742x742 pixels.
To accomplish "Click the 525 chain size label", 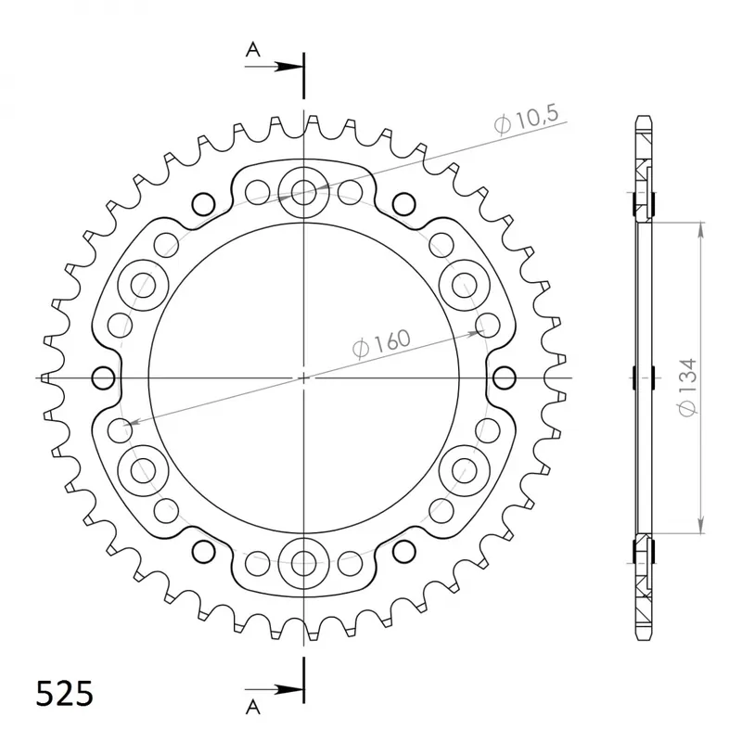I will [x=64, y=693].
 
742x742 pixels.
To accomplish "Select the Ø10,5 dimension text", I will [x=526, y=120].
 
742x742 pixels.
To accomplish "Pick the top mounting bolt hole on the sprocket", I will [x=304, y=193].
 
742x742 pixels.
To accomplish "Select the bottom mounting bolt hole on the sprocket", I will [x=304, y=561].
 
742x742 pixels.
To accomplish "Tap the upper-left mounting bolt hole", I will [x=145, y=285].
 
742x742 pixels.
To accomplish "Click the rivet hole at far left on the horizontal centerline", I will [x=104, y=377].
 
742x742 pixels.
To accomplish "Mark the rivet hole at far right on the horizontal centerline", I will [x=505, y=377].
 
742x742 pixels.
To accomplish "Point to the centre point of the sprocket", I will [x=304, y=377].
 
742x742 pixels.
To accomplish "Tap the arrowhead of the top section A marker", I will [x=295, y=67].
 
